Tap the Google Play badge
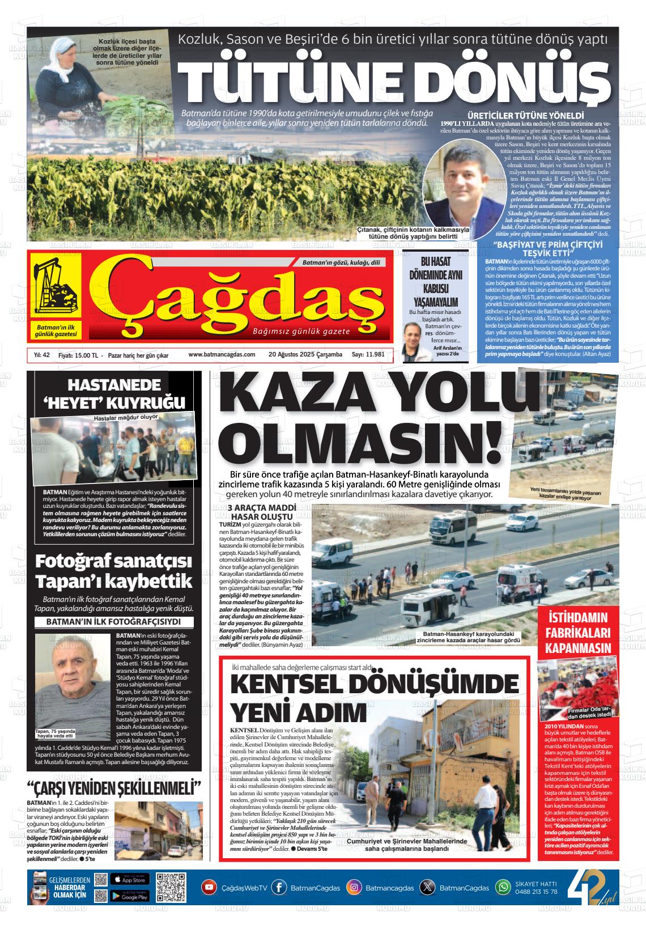[129, 896]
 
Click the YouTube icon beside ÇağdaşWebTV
[209, 887]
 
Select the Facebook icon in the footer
[279, 887]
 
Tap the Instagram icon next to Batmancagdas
[354, 887]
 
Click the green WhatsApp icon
[503, 887]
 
